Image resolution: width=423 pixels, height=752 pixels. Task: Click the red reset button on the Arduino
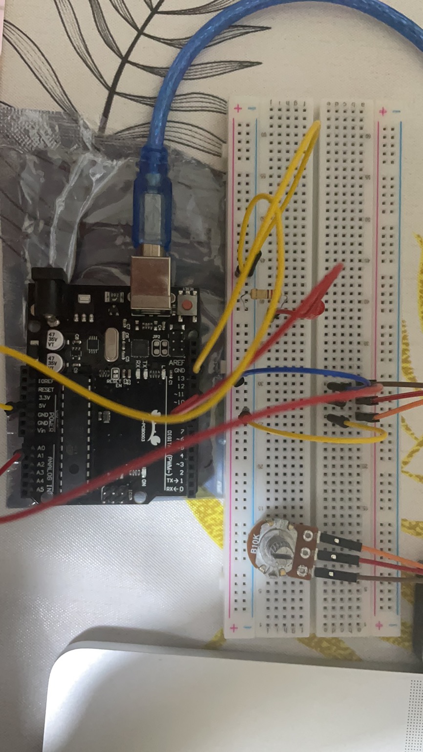[x=187, y=305]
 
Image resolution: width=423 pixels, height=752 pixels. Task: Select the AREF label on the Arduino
[x=176, y=363]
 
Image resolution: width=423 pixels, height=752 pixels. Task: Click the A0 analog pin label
[x=41, y=448]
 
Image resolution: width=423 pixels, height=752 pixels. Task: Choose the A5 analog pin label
[x=41, y=489]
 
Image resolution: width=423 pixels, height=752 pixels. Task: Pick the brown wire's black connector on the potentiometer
[x=337, y=573]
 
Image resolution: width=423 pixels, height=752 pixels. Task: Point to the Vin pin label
[x=43, y=431]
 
